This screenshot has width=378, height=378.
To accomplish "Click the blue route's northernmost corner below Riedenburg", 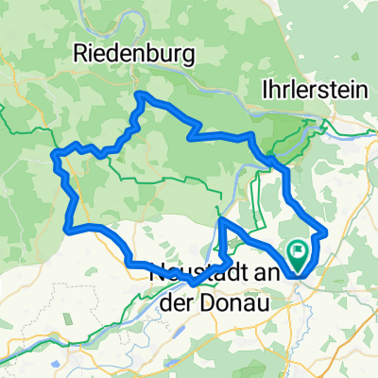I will (140, 94).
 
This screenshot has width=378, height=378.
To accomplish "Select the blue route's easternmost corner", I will (326, 230).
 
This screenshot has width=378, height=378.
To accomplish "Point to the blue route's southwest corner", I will (66, 227).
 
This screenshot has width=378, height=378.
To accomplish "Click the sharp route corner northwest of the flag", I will (221, 220).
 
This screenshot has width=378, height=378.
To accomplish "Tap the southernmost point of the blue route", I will (192, 283).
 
